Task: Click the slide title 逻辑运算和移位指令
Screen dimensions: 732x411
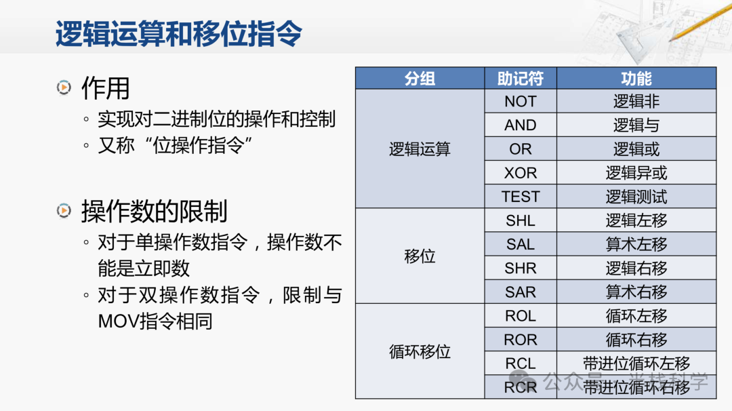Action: pyautogui.click(x=179, y=34)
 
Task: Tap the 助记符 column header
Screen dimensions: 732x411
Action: pyautogui.click(x=521, y=79)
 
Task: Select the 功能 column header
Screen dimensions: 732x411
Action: pyautogui.click(x=636, y=79)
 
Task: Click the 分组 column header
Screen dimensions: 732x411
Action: pyautogui.click(x=420, y=79)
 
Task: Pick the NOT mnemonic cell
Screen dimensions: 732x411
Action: pyautogui.click(x=521, y=101)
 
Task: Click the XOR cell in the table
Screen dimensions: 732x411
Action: pyautogui.click(x=521, y=173)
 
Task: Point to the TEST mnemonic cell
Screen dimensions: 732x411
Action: pyautogui.click(x=521, y=197)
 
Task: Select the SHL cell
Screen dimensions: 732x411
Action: pyautogui.click(x=521, y=220)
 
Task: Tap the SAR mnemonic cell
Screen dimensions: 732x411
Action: pyautogui.click(x=521, y=292)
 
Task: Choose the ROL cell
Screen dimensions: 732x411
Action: pyautogui.click(x=521, y=316)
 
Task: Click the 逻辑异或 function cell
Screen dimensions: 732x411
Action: pyautogui.click(x=636, y=173)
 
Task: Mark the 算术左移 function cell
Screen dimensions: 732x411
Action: pyautogui.click(x=636, y=244)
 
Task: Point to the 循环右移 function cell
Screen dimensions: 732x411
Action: pyautogui.click(x=636, y=340)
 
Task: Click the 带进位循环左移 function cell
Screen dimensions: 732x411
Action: pyautogui.click(x=636, y=364)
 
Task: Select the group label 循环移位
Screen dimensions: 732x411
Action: pyautogui.click(x=420, y=351)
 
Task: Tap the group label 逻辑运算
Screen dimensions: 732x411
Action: pyautogui.click(x=420, y=149)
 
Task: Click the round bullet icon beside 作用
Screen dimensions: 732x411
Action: pyautogui.click(x=64, y=87)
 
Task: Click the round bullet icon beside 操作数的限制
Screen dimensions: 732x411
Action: pyautogui.click(x=64, y=211)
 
